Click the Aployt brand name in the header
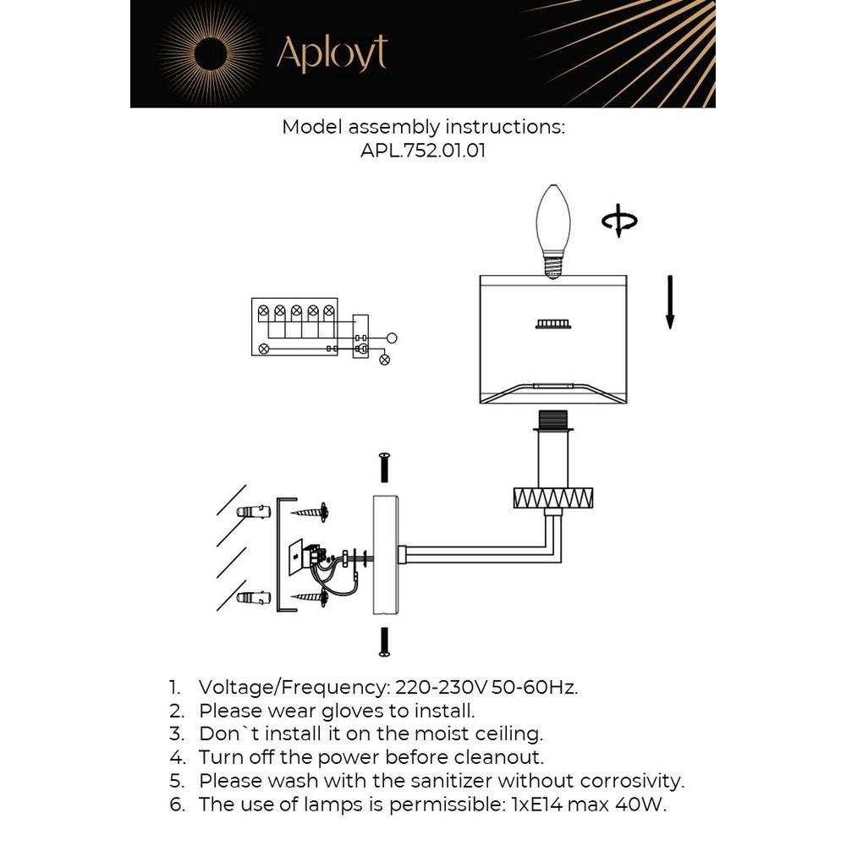pyautogui.click(x=332, y=54)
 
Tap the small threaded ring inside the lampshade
pyautogui.click(x=553, y=323)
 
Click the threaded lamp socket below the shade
pyautogui.click(x=553, y=420)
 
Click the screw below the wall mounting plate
pyautogui.click(x=384, y=640)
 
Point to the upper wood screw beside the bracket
pyautogui.click(x=310, y=511)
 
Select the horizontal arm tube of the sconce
pyautogui.click(x=474, y=554)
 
